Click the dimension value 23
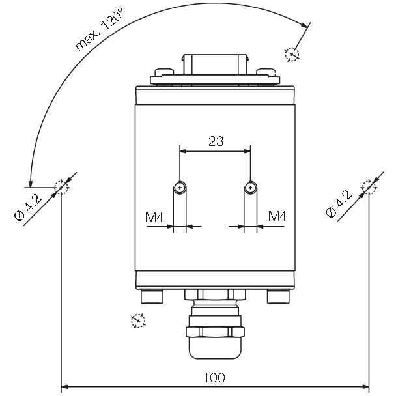tap(216, 141)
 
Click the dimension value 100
tap(214, 378)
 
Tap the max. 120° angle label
tap(100, 29)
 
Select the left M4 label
tap(154, 217)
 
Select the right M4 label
tap(277, 216)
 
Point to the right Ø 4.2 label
tap(339, 204)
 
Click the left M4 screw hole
tap(180, 188)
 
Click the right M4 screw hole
tap(250, 188)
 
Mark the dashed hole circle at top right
tap(292, 54)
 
